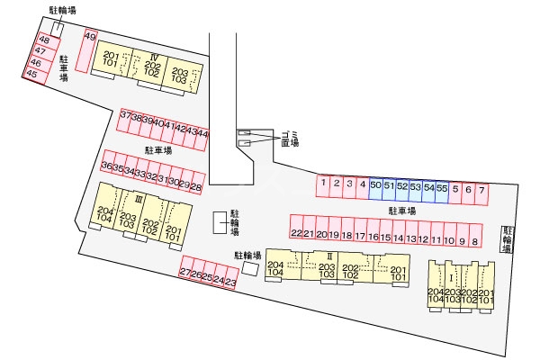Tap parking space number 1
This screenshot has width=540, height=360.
click(x=322, y=184)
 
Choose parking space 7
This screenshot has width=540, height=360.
click(x=481, y=190)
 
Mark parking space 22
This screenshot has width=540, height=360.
click(x=295, y=234)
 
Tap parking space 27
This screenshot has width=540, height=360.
click(x=184, y=272)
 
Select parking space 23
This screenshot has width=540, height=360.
click(x=230, y=283)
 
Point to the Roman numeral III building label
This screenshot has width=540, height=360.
click(x=139, y=198)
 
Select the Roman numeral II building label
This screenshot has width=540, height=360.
click(x=329, y=256)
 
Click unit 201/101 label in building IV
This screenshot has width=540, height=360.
click(x=111, y=61)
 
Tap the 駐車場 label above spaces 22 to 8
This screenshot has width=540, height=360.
click(x=401, y=211)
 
